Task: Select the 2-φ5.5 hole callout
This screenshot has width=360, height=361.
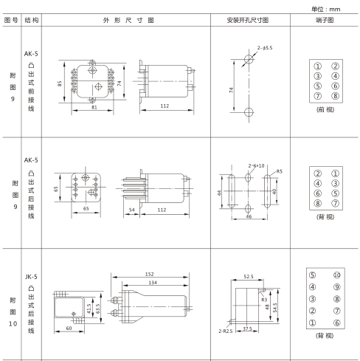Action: [x=266, y=48]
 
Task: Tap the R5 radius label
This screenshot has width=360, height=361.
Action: [x=280, y=172]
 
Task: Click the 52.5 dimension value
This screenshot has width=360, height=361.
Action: [x=248, y=278]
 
